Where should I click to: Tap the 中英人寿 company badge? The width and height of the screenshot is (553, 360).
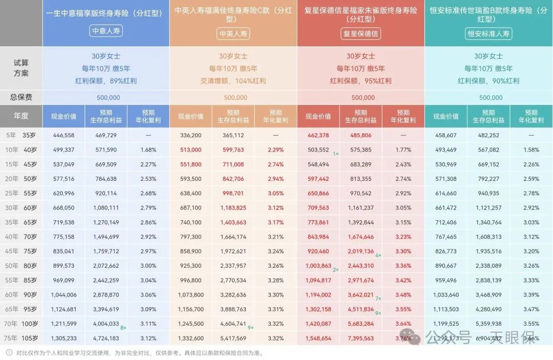tap(233, 34)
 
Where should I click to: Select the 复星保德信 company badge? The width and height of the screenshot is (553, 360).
tap(360, 34)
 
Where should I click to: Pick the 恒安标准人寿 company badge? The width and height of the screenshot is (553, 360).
tap(488, 34)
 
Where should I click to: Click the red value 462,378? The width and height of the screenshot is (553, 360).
tap(317, 135)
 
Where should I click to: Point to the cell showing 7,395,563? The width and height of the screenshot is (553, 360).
tap(360, 338)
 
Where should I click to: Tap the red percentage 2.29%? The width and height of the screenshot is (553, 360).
tap(275, 150)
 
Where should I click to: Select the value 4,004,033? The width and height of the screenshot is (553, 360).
tap(106, 324)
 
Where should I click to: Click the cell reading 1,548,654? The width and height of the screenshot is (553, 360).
tap(317, 338)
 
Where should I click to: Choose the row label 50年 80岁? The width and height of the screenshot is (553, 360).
tap(22, 266)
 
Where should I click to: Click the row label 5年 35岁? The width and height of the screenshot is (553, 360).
tap(22, 135)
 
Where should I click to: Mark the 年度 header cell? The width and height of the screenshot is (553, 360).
tap(22, 116)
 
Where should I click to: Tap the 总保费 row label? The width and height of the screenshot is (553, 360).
tap(22, 97)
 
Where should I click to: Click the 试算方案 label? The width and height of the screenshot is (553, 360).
tap(22, 68)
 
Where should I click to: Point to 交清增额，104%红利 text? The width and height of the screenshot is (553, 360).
tap(233, 81)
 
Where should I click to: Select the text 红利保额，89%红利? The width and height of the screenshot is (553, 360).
tap(106, 81)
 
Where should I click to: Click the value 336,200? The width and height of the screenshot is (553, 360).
tap(190, 135)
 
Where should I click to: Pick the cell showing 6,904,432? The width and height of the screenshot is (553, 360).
tap(488, 338)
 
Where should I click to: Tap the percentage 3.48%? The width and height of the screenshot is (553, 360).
tap(403, 295)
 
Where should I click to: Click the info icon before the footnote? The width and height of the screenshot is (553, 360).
tap(9, 353)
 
